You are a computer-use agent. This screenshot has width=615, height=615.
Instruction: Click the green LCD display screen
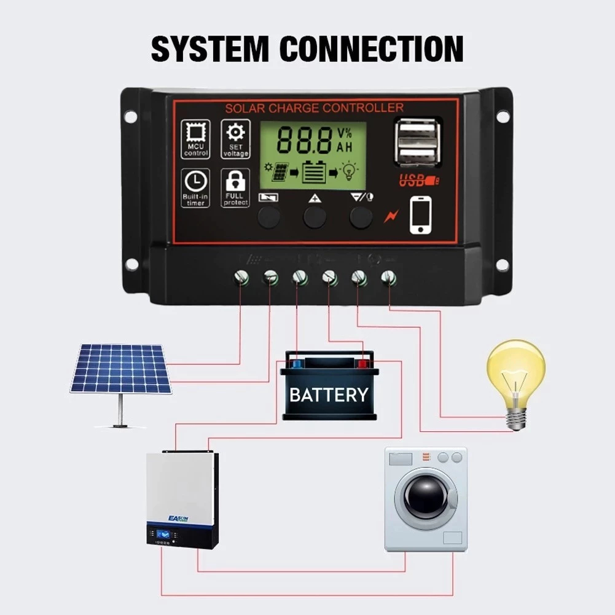pyautogui.click(x=313, y=155)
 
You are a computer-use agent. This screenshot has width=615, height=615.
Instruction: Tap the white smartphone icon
pyautogui.click(x=420, y=215)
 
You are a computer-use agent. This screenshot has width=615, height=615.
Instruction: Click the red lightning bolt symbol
pyautogui.click(x=391, y=216)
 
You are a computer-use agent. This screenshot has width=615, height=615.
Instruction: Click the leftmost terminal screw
pyautogui.click(x=241, y=278)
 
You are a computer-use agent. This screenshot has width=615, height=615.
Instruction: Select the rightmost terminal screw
pyautogui.click(x=388, y=278)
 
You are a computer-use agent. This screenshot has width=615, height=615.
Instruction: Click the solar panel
pyautogui.click(x=120, y=369)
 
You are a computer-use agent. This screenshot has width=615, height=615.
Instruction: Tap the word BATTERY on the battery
pyautogui.click(x=329, y=395)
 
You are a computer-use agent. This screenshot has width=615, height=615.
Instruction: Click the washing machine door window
pyautogui.click(x=425, y=495)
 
